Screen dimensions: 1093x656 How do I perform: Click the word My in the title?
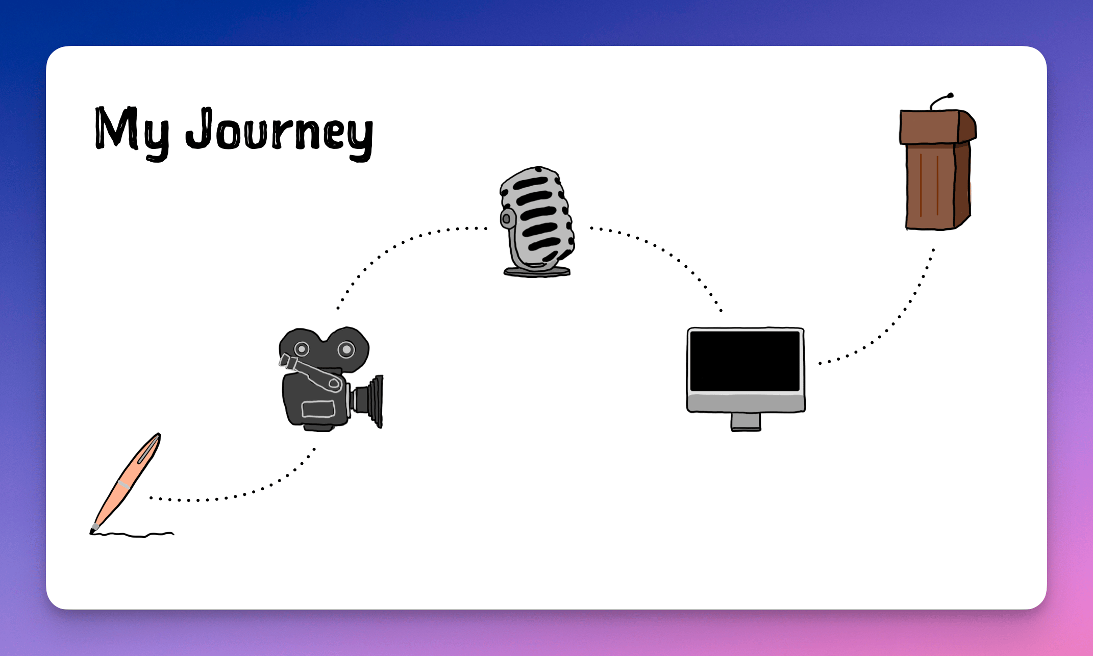coord(132,133)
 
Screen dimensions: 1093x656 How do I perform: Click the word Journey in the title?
coord(279,134)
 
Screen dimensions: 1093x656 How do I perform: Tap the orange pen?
coord(126,483)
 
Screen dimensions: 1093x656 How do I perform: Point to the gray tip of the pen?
coord(94,528)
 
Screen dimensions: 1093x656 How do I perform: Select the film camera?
coord(331,379)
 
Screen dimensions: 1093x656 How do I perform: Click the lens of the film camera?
coord(368,401)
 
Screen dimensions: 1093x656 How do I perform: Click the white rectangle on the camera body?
coord(318,409)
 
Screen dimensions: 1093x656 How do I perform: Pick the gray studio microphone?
coord(537,221)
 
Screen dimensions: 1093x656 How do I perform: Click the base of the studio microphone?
coord(537,271)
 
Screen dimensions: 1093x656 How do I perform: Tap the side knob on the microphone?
coord(506,219)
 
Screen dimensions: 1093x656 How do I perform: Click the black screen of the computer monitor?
coord(745,361)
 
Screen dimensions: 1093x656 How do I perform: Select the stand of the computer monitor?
coord(746,422)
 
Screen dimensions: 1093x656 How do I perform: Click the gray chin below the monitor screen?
coord(746,402)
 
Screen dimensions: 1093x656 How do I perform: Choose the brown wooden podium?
coord(938,169)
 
